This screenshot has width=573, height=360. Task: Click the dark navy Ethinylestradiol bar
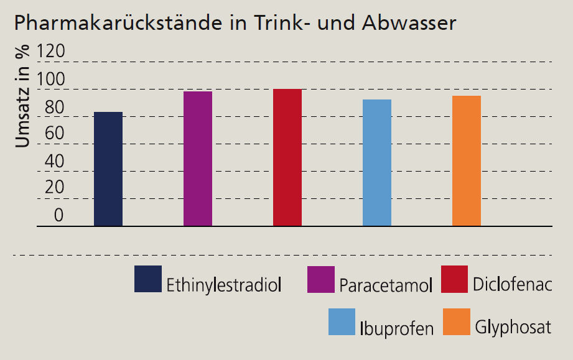108,169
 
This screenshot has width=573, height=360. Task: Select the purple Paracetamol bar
198,159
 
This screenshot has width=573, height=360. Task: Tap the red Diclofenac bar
287,157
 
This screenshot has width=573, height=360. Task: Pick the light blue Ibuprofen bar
377,162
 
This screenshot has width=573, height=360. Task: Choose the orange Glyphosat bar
467,160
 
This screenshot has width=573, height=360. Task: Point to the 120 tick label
50,52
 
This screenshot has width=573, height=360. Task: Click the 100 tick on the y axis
50,80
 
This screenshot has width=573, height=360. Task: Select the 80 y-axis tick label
50,107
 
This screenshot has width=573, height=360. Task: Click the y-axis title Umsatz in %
22,96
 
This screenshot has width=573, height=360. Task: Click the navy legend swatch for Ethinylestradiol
148,279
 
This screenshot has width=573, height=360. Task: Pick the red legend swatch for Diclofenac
454,279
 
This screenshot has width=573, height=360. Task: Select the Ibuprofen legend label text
396,328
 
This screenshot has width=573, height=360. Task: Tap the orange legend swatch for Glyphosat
456,322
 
